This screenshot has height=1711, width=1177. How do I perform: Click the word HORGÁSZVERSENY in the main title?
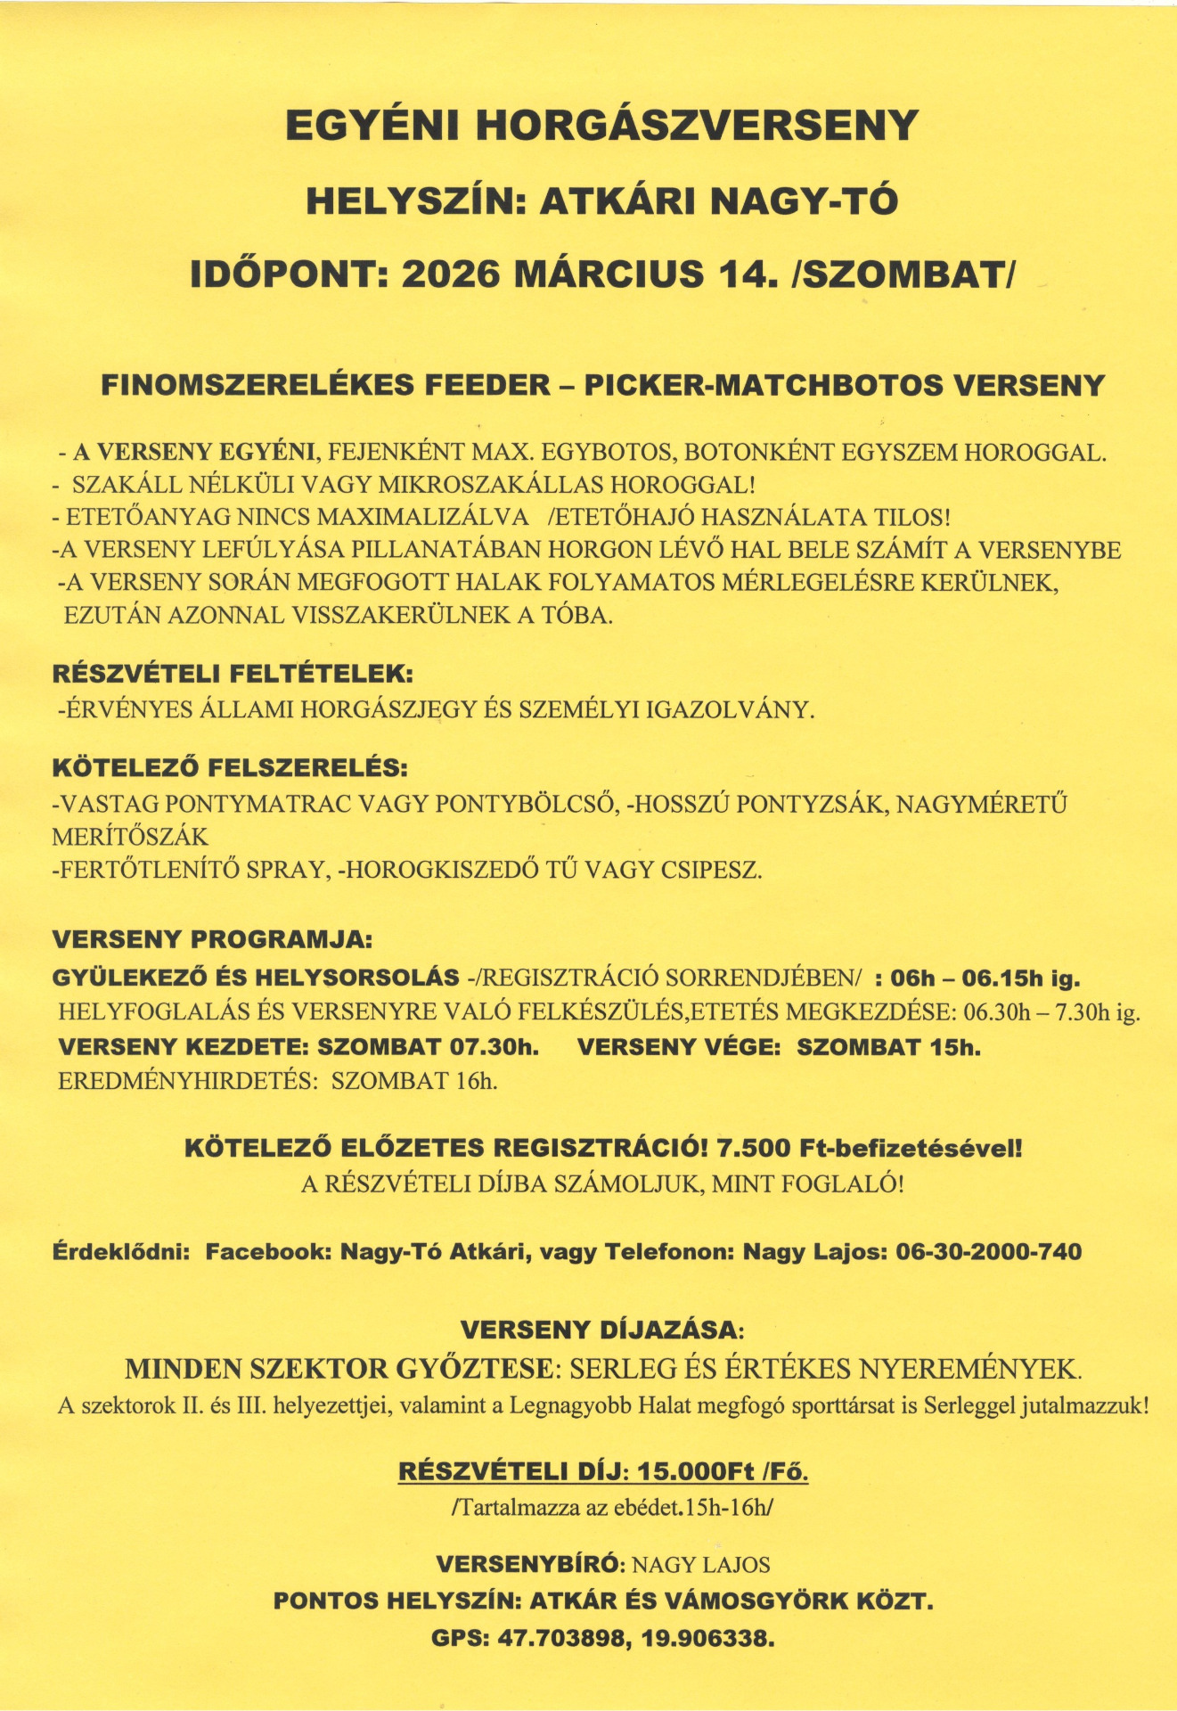point(697,126)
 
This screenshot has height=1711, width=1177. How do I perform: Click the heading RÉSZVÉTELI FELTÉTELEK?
point(233,674)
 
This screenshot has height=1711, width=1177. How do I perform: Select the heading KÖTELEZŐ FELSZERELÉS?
point(229,767)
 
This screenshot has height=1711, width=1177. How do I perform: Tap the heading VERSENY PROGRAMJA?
point(213,939)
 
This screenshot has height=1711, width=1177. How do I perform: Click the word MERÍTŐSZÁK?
point(130,837)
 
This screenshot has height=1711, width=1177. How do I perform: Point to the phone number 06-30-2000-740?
point(988,1252)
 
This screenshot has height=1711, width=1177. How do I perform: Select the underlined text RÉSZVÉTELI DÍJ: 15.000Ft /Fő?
point(603,1471)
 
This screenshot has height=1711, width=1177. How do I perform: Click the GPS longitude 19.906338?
point(707,1639)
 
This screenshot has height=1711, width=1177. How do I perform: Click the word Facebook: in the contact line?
point(268,1252)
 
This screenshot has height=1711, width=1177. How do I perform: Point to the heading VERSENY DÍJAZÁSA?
point(602,1330)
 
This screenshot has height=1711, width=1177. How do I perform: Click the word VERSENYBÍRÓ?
point(532,1565)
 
